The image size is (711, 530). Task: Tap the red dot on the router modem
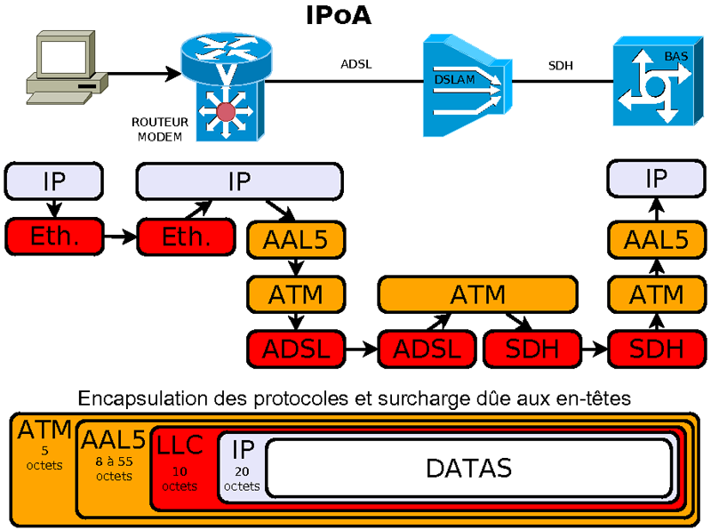pos(226,113)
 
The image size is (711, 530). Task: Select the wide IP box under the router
pos(239,181)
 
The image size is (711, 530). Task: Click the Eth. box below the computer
pos(54,237)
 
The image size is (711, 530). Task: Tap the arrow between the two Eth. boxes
pos(119,237)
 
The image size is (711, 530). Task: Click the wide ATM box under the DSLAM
pos(478,293)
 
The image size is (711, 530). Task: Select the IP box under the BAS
pos(656,180)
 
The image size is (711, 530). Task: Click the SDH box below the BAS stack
pos(656,349)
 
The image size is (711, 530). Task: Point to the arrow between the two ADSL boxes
pos(361,349)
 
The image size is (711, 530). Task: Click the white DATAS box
pos(468,467)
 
